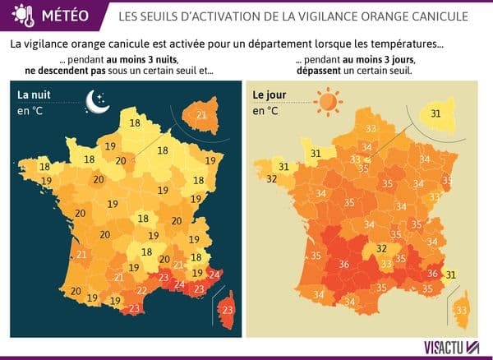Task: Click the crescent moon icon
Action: tap(98, 100)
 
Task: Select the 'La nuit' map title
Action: tap(36, 95)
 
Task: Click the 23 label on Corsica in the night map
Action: tap(228, 310)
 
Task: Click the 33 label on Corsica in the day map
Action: tap(462, 310)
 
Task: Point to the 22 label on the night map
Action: tap(141, 291)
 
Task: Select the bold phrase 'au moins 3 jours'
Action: tap(380, 60)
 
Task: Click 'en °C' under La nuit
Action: tap(30, 111)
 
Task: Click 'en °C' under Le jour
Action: tap(265, 111)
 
